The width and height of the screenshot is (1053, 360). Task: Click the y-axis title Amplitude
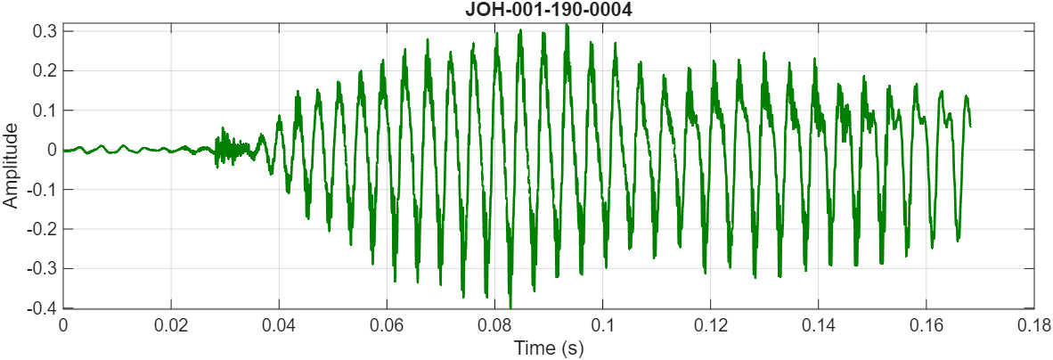11,166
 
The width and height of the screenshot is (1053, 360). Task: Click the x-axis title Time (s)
549,348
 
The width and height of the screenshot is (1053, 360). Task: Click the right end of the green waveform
969,126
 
